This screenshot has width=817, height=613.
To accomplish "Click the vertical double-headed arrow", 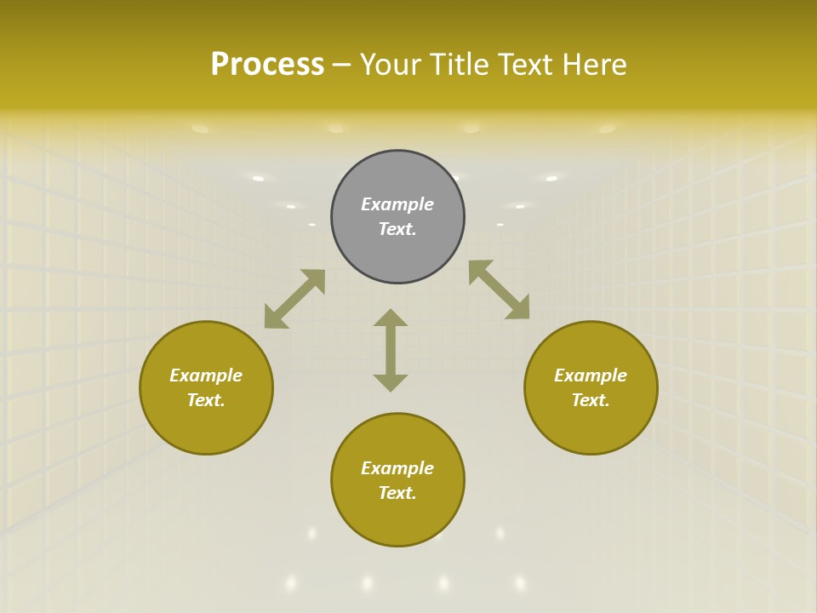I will coord(391,350).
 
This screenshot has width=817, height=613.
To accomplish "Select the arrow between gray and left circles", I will coord(294,299).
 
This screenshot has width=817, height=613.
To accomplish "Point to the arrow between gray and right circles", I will coord(499,289).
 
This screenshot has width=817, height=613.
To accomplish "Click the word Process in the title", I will coord(267,64).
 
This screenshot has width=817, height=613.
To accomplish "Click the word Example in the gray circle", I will coord(397,204).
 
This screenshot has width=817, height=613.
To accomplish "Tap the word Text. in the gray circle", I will coord(397,229).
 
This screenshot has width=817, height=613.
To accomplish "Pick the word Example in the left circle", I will coord(206,375).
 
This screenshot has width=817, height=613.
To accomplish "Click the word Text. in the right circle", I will coord(591,400).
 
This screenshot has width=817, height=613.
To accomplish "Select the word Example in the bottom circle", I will coord(397,468).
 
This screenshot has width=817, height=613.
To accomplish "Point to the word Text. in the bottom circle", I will coord(397,493).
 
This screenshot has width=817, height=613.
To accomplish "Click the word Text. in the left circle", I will coord(206,400).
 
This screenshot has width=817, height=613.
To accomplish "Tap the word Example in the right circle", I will coord(591,375).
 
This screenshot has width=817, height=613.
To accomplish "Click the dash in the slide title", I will coord(342,65).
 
